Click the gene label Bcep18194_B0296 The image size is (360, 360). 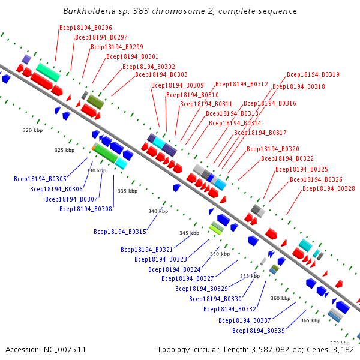(x=85, y=28)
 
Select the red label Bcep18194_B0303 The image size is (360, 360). (x=161, y=75)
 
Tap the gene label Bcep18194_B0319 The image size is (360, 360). (x=313, y=75)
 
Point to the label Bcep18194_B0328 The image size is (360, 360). (x=329, y=188)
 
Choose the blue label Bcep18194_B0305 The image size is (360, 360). (x=40, y=179)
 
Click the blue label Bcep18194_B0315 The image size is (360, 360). (x=120, y=232)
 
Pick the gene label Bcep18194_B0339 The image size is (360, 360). (x=259, y=331)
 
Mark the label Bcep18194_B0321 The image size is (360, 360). (x=147, y=250)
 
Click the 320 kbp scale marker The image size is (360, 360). (x=33, y=130)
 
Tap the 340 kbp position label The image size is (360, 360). (x=158, y=211)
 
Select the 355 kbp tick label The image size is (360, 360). (x=250, y=276)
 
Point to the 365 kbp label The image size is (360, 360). (x=310, y=320)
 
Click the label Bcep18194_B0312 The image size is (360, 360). (x=242, y=85)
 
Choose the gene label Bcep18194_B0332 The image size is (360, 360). (x=229, y=309)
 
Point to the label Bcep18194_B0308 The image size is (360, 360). (x=86, y=209)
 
